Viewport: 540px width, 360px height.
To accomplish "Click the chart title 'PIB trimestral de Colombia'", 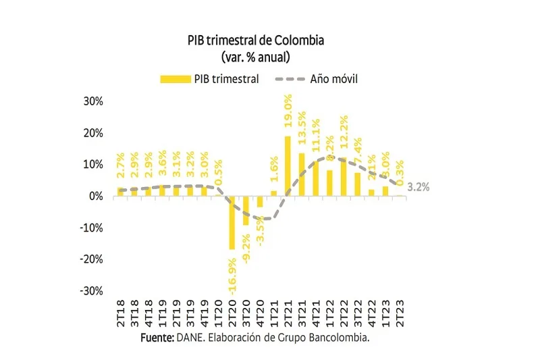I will click(x=256, y=41).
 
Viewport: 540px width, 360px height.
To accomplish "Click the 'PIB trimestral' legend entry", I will click(x=210, y=79).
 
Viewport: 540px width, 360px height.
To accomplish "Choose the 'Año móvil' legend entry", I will click(x=318, y=79).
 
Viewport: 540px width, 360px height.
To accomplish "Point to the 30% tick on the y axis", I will click(x=93, y=101).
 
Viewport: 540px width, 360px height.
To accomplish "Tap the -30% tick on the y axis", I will click(x=92, y=291).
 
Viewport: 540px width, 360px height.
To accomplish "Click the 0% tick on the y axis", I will click(x=96, y=196).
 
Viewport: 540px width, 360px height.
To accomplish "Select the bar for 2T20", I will click(x=232, y=222).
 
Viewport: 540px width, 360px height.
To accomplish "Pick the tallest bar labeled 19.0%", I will click(x=288, y=166).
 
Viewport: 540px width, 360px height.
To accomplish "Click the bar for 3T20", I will click(x=246, y=210).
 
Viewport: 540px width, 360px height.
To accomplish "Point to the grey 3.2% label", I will click(x=419, y=186).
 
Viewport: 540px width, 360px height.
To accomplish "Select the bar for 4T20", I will click(x=260, y=201).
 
